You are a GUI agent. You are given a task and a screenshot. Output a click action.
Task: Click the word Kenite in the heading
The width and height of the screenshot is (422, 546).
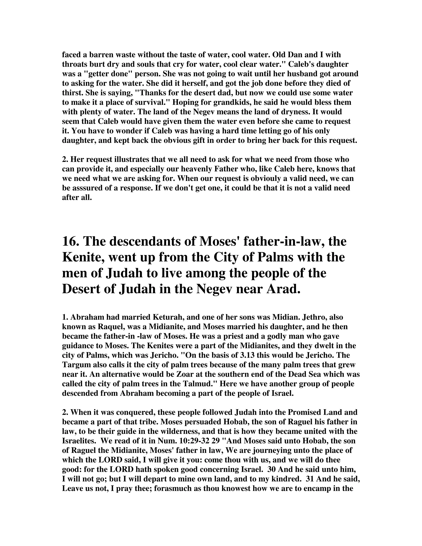click(81, 257)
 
